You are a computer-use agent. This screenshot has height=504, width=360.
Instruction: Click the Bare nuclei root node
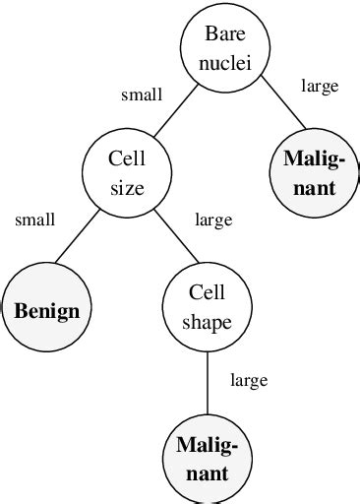tap(216, 48)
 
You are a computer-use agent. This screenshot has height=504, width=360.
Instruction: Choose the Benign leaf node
tap(46, 311)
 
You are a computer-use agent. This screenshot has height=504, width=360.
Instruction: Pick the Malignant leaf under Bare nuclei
tap(310, 173)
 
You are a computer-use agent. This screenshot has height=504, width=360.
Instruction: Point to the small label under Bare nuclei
tap(142, 94)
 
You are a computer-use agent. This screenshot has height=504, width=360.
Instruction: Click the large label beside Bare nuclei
tap(320, 87)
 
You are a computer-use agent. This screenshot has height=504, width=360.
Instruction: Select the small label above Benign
tap(34, 220)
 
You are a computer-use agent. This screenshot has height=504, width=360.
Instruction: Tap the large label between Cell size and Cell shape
tap(213, 220)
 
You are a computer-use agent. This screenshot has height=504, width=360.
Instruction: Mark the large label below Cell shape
tap(248, 380)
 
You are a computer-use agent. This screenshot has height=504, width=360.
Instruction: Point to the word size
tap(127, 187)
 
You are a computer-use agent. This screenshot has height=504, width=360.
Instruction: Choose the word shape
tap(207, 321)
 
